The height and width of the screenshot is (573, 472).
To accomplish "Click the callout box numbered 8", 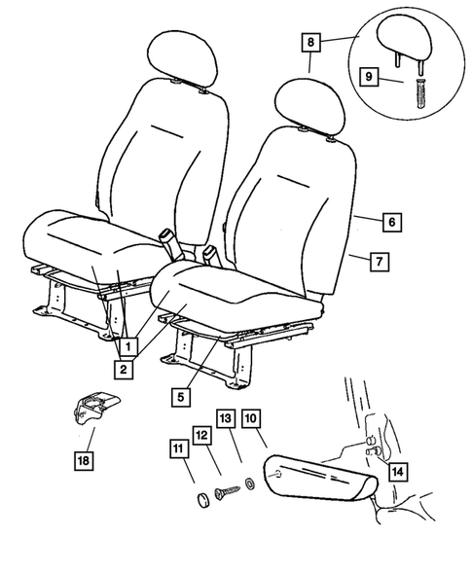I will point(310,42).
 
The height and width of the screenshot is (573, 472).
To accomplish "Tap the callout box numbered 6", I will point(390,223).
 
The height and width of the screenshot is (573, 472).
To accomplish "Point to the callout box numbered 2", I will point(124,369).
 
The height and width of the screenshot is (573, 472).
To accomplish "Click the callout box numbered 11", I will point(178,448).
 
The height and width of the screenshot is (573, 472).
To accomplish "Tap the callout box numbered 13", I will point(225,419).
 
